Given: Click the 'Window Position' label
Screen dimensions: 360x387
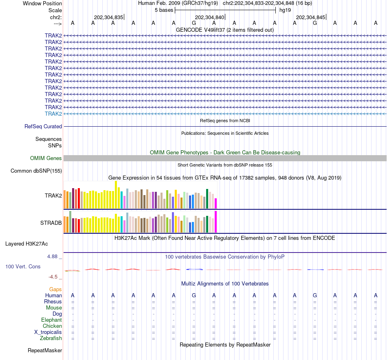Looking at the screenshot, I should pos(42,3).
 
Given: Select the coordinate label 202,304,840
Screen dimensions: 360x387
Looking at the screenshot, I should pos(209,18).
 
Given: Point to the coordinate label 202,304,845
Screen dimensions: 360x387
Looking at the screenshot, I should pos(310,18).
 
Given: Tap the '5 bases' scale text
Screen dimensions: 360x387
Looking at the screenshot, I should pos(164,10).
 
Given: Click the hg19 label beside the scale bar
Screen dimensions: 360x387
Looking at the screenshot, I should pos(285,10).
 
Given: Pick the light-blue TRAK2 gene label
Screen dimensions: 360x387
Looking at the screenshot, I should pos(53,114).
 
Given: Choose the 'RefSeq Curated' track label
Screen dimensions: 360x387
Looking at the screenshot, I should pos(43,127).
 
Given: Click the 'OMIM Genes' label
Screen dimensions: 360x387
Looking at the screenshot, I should pos(46,158).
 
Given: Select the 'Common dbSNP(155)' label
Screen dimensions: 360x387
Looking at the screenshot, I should pos(36,171).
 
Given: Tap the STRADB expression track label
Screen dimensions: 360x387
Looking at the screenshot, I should pos(51,223).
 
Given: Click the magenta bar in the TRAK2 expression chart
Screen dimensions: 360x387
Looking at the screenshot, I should pos(216,203).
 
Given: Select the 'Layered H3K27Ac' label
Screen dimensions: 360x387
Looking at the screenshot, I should pos(26,244).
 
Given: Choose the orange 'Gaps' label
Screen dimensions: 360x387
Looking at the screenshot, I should pos(55,290).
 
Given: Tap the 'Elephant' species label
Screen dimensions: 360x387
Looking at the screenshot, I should pos(52,320).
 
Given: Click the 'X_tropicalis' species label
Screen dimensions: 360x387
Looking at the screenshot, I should pos(48,332).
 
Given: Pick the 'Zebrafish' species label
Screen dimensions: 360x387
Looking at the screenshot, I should pos(51,338).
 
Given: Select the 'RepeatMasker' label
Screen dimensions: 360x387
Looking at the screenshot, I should pos(45,351).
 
